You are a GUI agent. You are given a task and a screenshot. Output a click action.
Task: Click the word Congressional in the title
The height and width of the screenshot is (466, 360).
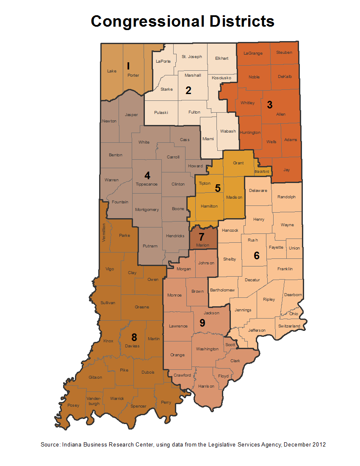pyautogui.click(x=144, y=21)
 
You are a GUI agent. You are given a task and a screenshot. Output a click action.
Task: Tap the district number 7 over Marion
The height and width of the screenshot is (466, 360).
pyautogui.click(x=202, y=237)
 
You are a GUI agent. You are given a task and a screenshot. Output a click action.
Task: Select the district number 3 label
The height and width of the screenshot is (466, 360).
pyautogui.click(x=269, y=105)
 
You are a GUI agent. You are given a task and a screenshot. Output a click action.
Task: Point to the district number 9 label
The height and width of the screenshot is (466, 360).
pyautogui.click(x=202, y=323)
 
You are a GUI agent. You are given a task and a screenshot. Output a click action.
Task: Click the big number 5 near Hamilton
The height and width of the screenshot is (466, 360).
pyautogui.click(x=218, y=188)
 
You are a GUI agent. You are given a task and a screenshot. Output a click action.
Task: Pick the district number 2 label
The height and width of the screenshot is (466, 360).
pyautogui.click(x=188, y=90)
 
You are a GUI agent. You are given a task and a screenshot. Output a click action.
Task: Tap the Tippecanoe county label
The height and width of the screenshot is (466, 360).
pyautogui.click(x=147, y=184)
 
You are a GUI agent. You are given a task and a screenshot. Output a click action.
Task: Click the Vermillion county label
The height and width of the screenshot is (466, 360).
pyautogui.click(x=104, y=232)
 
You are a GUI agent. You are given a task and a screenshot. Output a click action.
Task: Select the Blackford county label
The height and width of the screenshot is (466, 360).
pyautogui.click(x=262, y=172)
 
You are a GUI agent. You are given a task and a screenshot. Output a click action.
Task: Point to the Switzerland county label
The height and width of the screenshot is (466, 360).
pyautogui.click(x=289, y=326)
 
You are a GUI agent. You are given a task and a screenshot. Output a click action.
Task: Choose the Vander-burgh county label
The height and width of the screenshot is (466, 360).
pyautogui.click(x=93, y=401)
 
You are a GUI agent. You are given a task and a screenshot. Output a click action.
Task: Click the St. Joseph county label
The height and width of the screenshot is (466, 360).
pyautogui.click(x=192, y=56)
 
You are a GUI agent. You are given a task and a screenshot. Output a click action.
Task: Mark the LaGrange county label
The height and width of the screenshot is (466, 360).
pyautogui.click(x=253, y=53)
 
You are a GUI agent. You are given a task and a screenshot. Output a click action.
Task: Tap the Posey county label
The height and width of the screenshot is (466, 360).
pyautogui.click(x=73, y=405)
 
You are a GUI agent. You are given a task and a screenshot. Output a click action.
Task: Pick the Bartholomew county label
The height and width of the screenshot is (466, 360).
pyautogui.click(x=222, y=290)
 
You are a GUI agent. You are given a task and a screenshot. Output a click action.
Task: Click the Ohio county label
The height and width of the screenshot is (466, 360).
pyautogui.click(x=294, y=314)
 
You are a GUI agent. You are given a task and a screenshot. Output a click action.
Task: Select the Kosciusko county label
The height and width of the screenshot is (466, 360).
pyautogui.click(x=221, y=78)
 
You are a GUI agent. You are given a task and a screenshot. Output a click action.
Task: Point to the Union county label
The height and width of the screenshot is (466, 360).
pyautogui.click(x=294, y=248)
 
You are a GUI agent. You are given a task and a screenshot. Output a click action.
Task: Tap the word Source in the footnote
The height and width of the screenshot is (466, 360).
pyautogui.click(x=50, y=444)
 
